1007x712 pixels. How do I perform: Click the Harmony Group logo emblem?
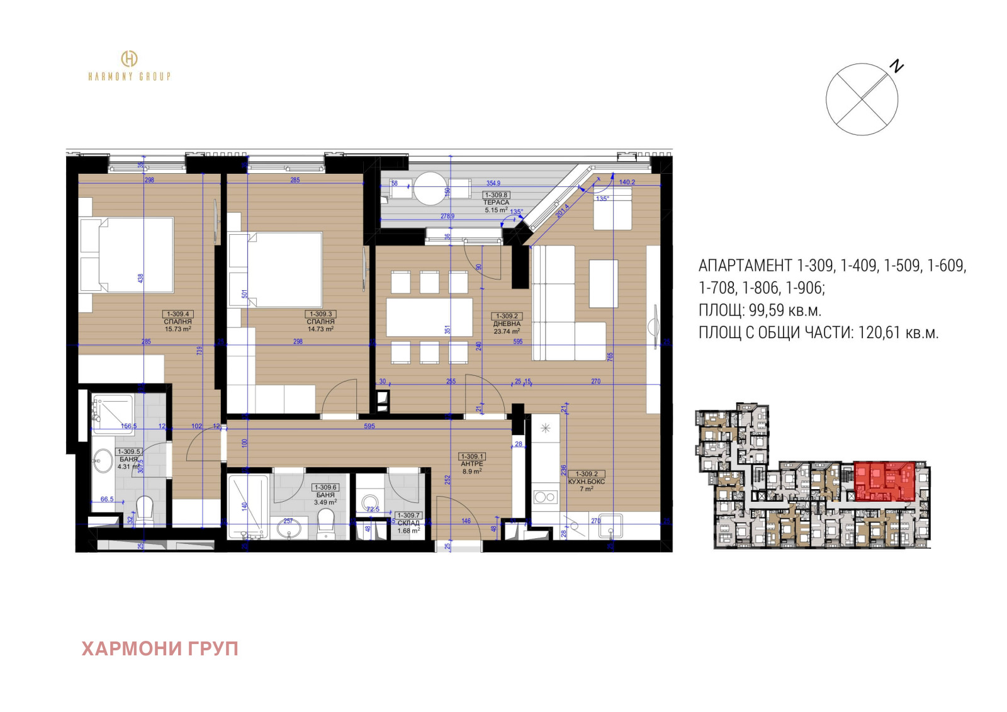tap(129, 59)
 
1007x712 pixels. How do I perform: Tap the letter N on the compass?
tap(896, 66)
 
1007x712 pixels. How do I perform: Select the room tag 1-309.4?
tap(177, 314)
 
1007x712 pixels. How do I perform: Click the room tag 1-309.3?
tap(320, 314)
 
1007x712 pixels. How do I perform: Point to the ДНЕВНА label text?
tap(507, 324)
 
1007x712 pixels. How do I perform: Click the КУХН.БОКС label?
tap(586, 482)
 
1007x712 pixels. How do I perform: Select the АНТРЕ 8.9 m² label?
tap(472, 467)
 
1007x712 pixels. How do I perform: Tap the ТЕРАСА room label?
tap(496, 202)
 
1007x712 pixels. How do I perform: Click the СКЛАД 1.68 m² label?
tap(408, 527)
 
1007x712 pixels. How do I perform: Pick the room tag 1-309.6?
tap(325, 487)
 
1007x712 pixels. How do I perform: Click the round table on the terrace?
tap(430, 188)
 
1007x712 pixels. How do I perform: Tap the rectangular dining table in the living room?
tap(429, 317)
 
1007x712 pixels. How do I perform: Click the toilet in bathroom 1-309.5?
tap(145, 508)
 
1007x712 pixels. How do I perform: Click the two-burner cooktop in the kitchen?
tap(545, 497)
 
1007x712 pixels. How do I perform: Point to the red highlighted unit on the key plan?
tap(884, 481)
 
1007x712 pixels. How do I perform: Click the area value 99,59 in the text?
tap(767, 310)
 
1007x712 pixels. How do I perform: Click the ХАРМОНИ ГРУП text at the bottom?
tap(160, 648)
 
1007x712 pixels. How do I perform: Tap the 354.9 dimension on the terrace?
tap(493, 183)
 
